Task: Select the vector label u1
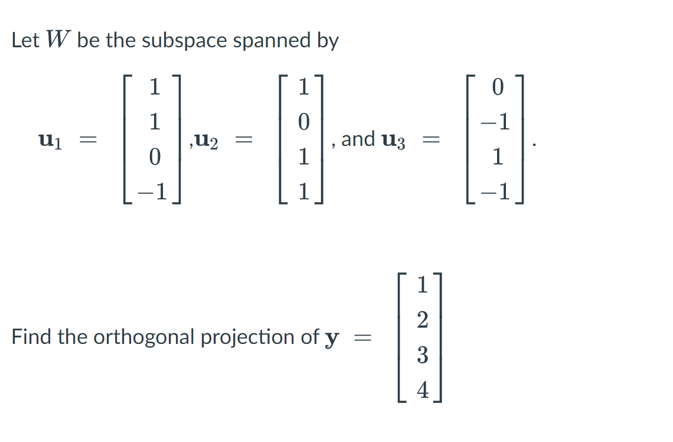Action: [51, 141]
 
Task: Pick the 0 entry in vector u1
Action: [154, 158]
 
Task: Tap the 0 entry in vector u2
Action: [303, 123]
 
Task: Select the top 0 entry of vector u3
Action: [498, 88]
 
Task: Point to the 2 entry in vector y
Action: [422, 320]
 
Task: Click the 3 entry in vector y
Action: [422, 355]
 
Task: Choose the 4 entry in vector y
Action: [422, 390]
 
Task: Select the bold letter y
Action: [332, 339]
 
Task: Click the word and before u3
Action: [358, 139]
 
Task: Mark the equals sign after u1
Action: [89, 141]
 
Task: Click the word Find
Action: [29, 337]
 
